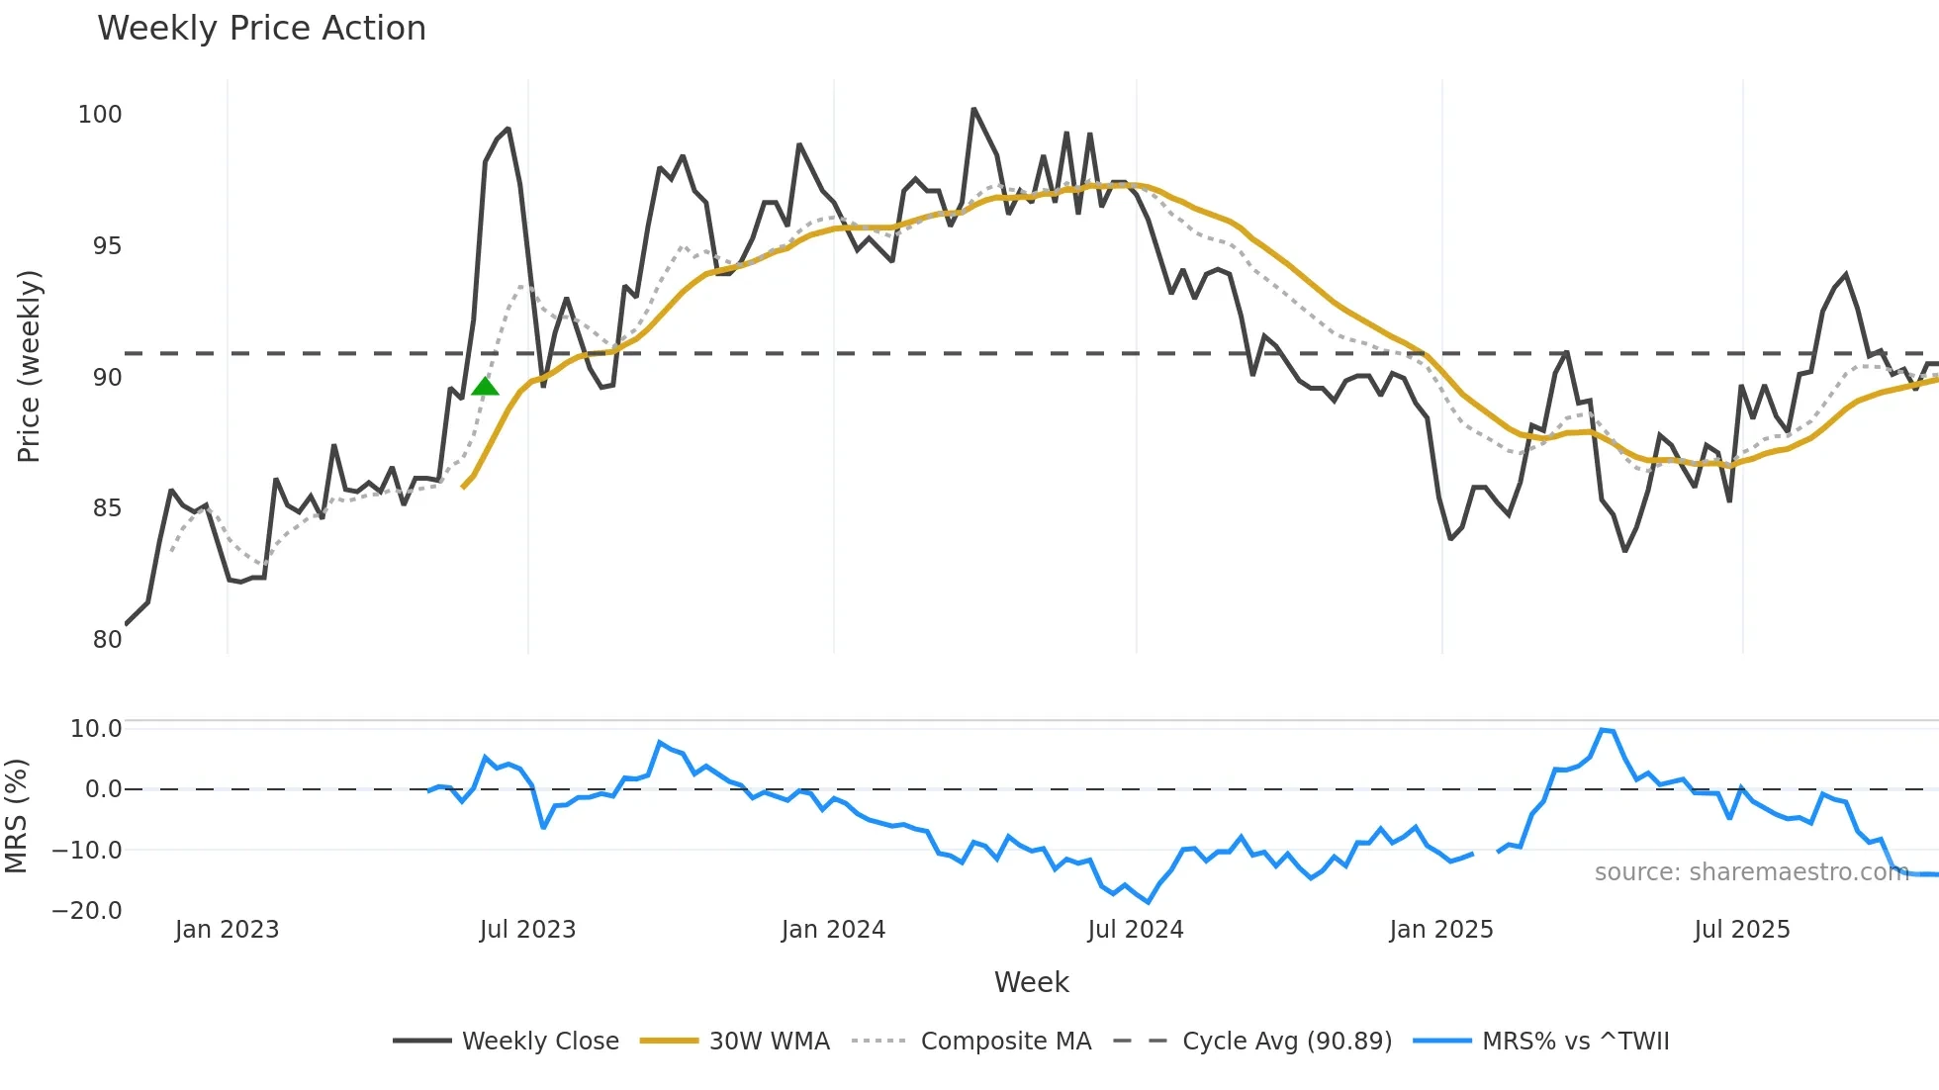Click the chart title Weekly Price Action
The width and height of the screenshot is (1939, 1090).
(261, 29)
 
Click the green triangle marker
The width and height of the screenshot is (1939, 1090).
(485, 387)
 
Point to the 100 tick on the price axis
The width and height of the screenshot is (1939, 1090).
(100, 115)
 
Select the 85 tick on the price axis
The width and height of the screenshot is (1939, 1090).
(107, 508)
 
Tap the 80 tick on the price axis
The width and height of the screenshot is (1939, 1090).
(107, 640)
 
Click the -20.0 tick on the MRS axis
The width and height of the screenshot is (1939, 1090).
(87, 911)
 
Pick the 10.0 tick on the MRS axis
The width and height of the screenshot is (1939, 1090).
(96, 729)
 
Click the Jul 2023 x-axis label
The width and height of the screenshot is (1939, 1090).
(527, 930)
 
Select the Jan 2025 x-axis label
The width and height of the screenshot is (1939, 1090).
(1440, 930)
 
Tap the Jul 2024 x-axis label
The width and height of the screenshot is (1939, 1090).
(1135, 930)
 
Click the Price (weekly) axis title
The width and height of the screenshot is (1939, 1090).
(29, 366)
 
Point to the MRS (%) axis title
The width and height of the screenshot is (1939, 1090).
(16, 816)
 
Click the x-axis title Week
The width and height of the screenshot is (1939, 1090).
(1031, 982)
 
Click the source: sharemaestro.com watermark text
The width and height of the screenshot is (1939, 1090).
(1751, 872)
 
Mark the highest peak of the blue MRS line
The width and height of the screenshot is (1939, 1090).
(1603, 730)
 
